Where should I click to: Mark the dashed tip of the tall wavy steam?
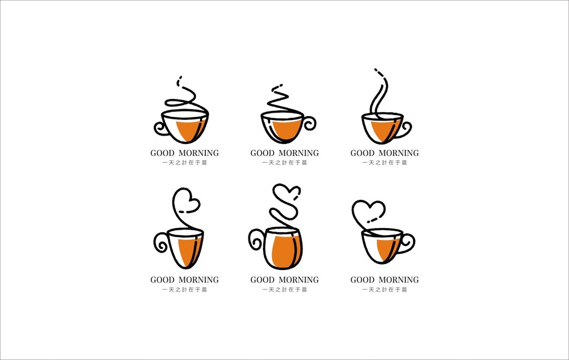(380, 72)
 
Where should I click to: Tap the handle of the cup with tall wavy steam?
(405, 130)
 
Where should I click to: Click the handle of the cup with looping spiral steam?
(161, 128)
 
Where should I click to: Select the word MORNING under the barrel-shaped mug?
(299, 280)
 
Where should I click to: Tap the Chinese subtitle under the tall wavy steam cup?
(384, 163)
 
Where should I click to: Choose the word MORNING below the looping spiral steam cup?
(199, 153)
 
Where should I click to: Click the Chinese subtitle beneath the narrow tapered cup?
(184, 290)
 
